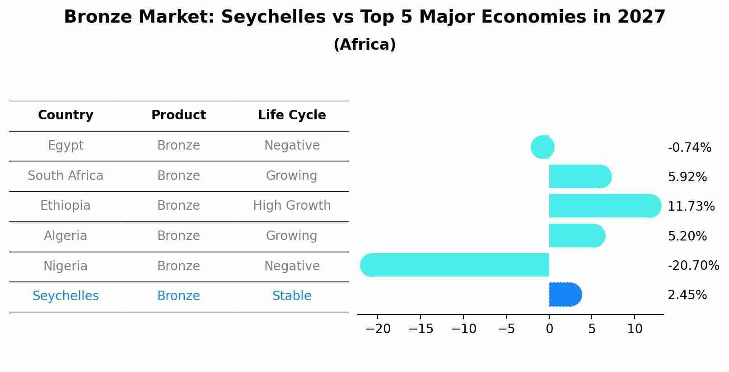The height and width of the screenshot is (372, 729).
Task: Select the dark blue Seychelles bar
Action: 565,295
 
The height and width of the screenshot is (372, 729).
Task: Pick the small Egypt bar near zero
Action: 542,147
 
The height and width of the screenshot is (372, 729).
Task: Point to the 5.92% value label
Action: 687,177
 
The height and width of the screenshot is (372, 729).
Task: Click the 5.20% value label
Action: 687,236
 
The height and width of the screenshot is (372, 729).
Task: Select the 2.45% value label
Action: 687,295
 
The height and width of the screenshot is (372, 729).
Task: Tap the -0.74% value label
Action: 689,147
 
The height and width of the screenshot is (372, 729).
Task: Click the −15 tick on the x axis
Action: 421,329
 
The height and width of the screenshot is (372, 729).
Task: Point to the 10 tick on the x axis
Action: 635,329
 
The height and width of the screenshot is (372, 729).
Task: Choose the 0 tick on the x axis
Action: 549,329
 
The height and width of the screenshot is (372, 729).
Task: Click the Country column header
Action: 65,115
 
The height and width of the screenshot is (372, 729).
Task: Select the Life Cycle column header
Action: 292,115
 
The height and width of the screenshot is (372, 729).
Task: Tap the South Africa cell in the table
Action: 65,175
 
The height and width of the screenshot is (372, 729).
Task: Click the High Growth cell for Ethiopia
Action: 292,206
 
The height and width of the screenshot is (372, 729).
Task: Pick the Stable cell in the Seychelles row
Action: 292,296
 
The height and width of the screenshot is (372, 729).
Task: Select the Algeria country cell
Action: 65,235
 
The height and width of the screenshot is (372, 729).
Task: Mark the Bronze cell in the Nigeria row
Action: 178,266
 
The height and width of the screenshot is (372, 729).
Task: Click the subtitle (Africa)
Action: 364,44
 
